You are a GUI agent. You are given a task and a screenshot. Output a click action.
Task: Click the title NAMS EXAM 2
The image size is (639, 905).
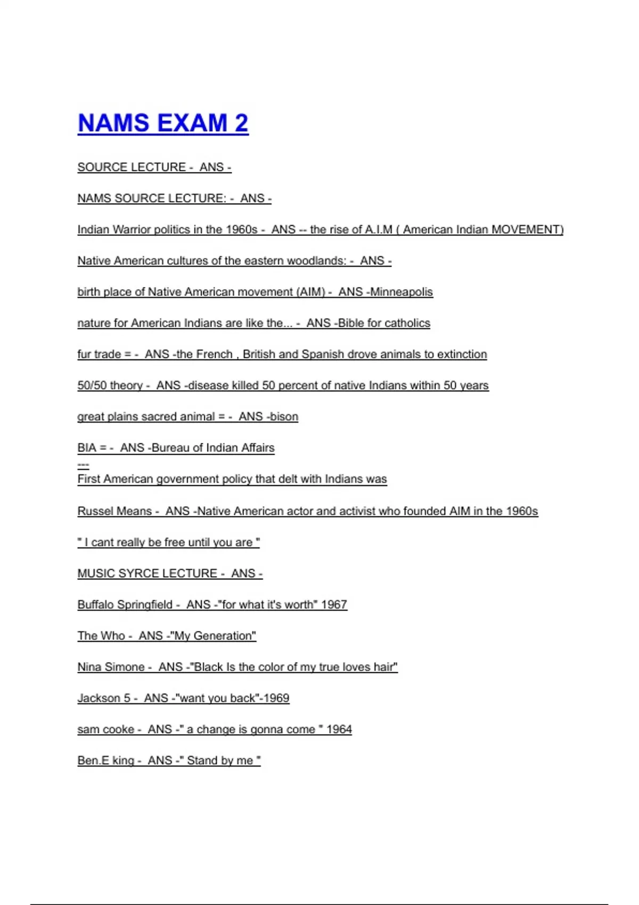click(x=163, y=123)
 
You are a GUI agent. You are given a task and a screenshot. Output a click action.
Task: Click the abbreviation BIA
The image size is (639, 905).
click(x=87, y=448)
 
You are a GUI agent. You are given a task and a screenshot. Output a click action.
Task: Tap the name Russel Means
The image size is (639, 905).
click(x=114, y=511)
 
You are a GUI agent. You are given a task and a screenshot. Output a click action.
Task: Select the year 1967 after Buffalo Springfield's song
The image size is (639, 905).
click(x=334, y=605)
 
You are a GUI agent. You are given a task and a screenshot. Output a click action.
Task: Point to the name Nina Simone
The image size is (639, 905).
click(x=111, y=667)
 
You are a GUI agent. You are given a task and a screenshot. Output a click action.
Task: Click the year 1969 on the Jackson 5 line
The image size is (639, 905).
click(x=276, y=698)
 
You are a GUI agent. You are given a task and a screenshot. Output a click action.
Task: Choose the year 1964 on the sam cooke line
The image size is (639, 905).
click(x=339, y=729)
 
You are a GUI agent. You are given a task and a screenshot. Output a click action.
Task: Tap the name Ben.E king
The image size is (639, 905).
click(x=105, y=760)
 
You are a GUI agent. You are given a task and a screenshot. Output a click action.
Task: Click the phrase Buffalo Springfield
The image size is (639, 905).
click(x=125, y=605)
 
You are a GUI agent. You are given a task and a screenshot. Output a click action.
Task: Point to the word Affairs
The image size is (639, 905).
click(x=257, y=448)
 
